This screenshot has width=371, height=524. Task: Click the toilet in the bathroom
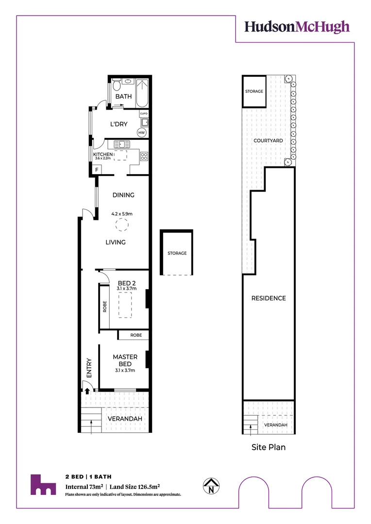coord(117,86)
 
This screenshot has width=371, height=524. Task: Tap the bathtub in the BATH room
coord(141,93)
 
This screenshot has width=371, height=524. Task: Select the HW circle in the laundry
coord(142,132)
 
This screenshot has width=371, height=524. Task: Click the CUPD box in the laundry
coord(143,114)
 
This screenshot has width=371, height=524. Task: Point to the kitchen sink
coord(120,144)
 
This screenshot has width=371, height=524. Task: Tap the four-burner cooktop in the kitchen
coord(144,156)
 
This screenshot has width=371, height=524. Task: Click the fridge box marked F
coord(97,169)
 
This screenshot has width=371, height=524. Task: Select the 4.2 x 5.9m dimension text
coord(122,213)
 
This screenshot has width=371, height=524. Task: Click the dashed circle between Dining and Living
coord(120,225)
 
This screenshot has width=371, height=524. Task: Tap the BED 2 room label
coord(126,283)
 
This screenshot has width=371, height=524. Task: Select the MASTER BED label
coord(125,360)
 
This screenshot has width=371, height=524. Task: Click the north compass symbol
coord(211,486)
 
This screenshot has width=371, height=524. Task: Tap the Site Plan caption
coord(268,447)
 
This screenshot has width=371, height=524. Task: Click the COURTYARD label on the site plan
coord(268,141)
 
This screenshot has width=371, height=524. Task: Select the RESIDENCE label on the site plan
coord(268,298)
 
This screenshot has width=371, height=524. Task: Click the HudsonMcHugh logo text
coord(297,27)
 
